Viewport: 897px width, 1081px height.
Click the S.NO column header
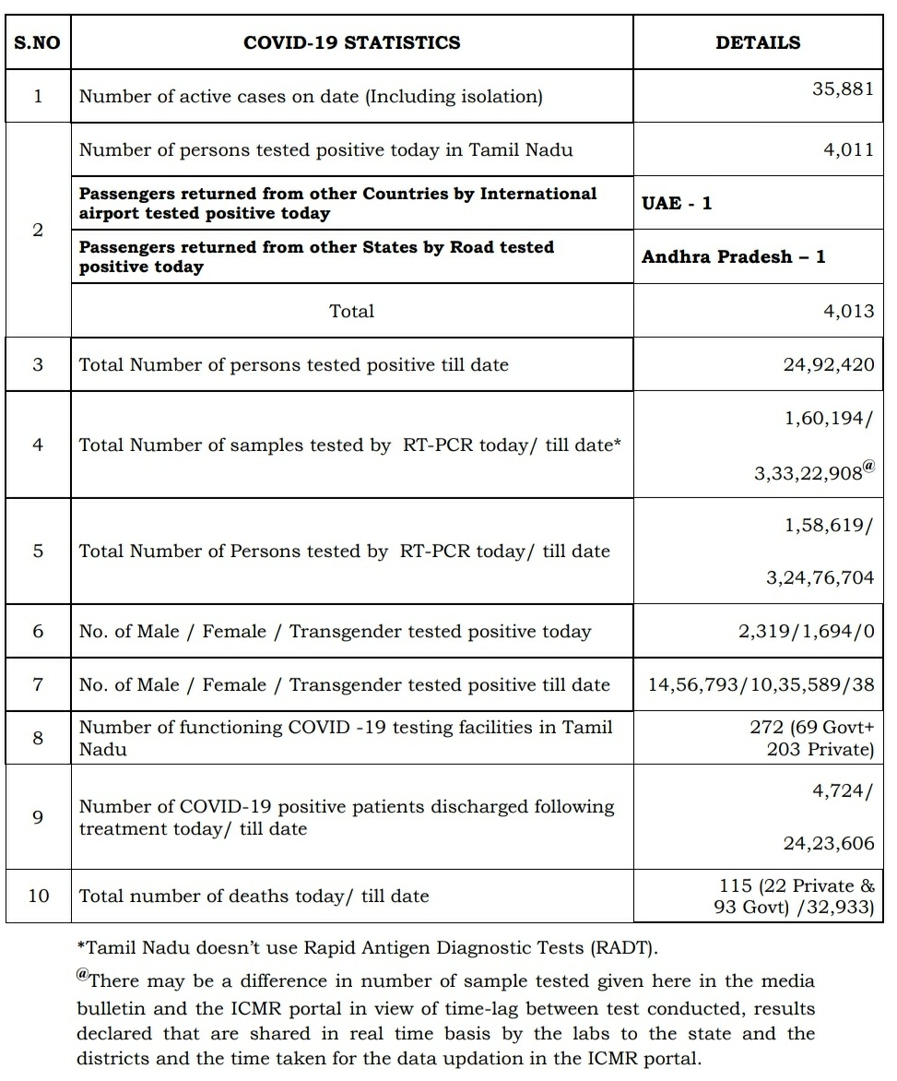tap(37, 42)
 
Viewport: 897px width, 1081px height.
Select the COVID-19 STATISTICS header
tap(351, 42)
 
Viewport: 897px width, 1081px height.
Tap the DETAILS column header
tap(758, 42)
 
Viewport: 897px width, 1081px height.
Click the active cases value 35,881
tap(843, 90)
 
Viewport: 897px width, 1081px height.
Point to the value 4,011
tap(848, 149)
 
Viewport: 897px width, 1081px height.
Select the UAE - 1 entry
tap(677, 203)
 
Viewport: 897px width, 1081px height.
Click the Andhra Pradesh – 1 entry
tap(733, 256)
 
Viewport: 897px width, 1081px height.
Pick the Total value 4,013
tap(848, 311)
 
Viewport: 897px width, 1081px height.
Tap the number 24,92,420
tap(829, 364)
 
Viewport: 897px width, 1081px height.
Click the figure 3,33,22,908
tap(808, 472)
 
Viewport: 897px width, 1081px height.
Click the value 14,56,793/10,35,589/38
tap(761, 684)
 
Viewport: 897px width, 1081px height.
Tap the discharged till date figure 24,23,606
tap(829, 844)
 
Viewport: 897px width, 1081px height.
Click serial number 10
tap(38, 895)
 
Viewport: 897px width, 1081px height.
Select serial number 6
tap(38, 631)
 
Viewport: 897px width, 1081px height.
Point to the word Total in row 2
tap(352, 311)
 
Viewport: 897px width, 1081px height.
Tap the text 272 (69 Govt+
tap(810, 727)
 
